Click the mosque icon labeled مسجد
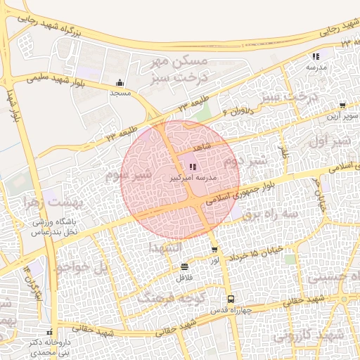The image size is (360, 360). coord(120,82)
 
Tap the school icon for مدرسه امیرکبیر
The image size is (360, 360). coord(193,167)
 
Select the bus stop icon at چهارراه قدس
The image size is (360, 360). coord(228,300)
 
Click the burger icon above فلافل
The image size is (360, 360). coord(184,266)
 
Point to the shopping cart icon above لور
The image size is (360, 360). coord(214,250)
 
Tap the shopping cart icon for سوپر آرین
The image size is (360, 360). coord(342,105)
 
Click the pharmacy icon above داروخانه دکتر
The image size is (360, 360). coord(49,332)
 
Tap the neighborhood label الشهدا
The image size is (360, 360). coord(167,247)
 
